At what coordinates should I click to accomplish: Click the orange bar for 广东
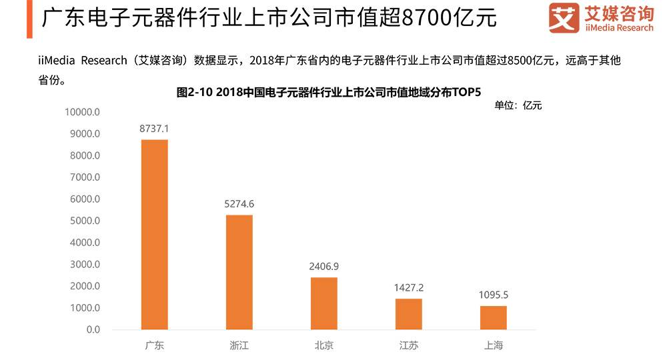tap(155, 235)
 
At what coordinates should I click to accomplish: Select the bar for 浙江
tap(239, 272)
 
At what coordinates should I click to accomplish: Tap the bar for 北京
tap(324, 303)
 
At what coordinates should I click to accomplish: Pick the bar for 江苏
tap(409, 314)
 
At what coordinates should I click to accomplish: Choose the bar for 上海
tap(494, 317)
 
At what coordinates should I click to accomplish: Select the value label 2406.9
tap(324, 266)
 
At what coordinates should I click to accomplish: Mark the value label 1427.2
tap(409, 287)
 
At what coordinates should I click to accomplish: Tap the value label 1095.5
tap(494, 294)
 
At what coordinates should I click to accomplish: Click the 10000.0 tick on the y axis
tap(82, 112)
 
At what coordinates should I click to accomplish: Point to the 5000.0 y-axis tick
tap(85, 221)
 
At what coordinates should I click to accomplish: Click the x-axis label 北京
tap(324, 345)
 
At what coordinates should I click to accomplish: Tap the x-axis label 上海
tap(494, 345)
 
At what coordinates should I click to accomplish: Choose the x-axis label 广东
tap(155, 345)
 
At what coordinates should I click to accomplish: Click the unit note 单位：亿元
tap(518, 105)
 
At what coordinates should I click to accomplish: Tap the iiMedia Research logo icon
tap(564, 19)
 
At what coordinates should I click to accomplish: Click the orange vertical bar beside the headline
tap(30, 19)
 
